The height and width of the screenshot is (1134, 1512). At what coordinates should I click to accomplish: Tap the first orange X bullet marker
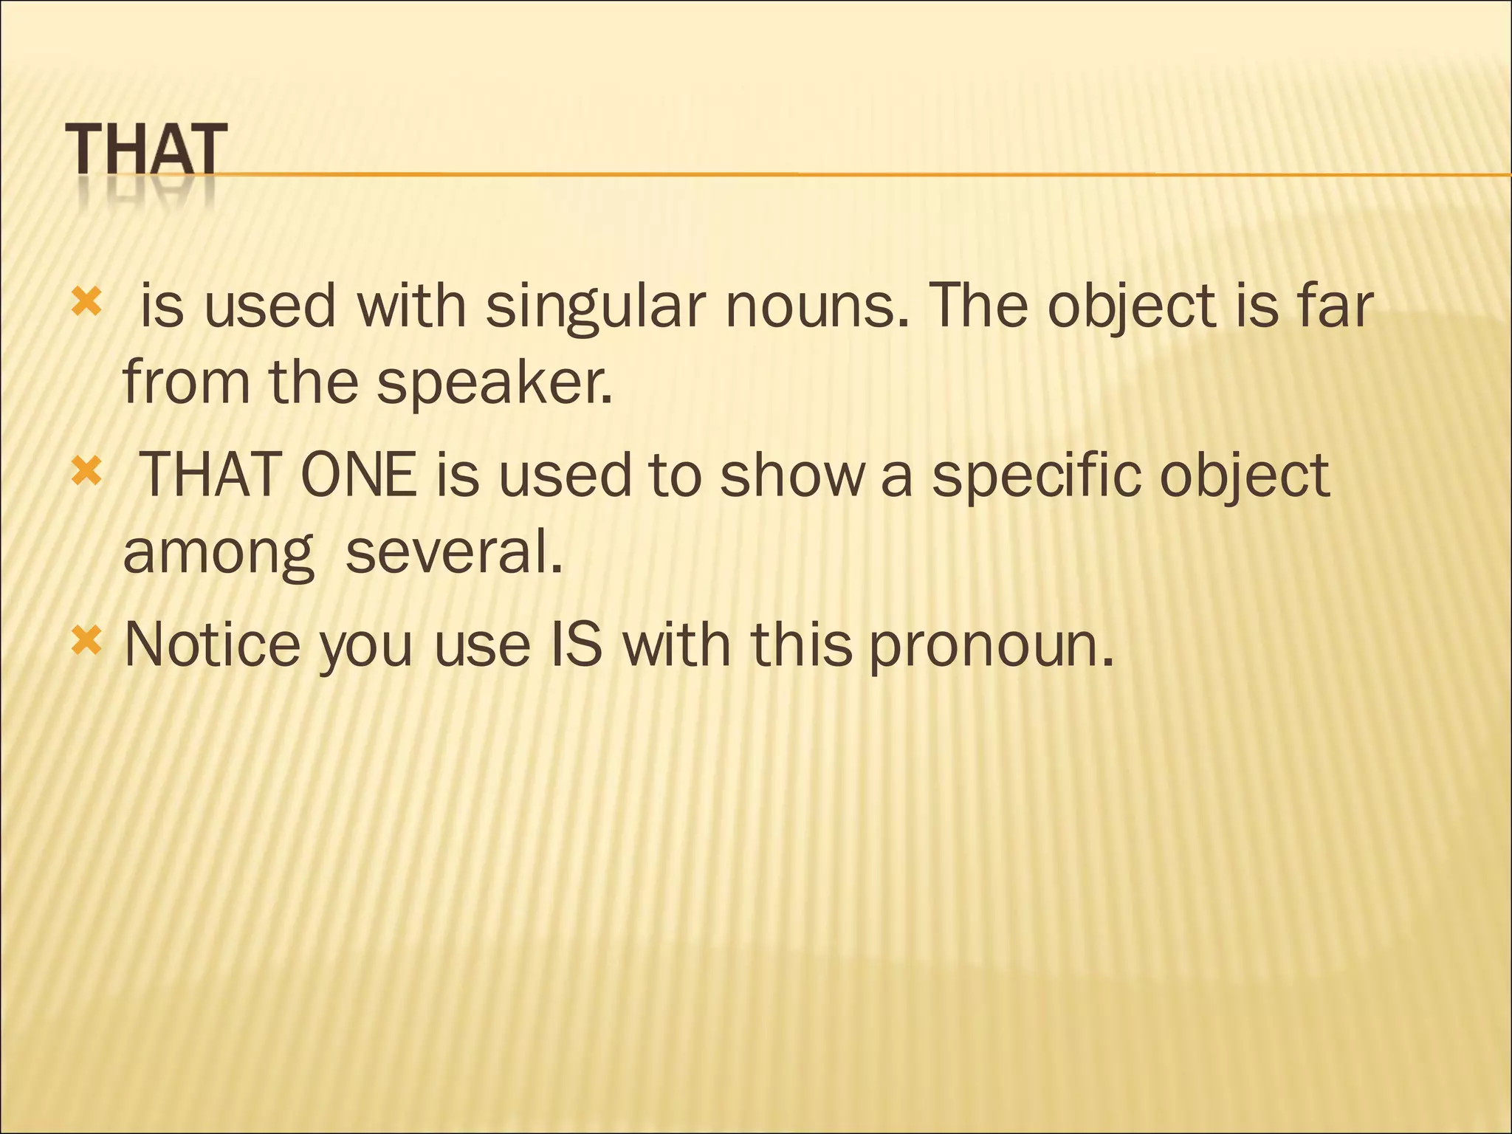[x=86, y=302]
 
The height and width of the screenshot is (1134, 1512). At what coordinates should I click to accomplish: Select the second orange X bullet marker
[x=86, y=471]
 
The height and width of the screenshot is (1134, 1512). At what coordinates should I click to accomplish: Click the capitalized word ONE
[x=359, y=475]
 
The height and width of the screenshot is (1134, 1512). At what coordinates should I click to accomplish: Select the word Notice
[x=213, y=645]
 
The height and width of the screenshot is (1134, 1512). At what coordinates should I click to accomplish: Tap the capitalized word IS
[x=577, y=645]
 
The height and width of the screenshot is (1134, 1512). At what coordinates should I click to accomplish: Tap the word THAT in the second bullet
[x=209, y=475]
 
